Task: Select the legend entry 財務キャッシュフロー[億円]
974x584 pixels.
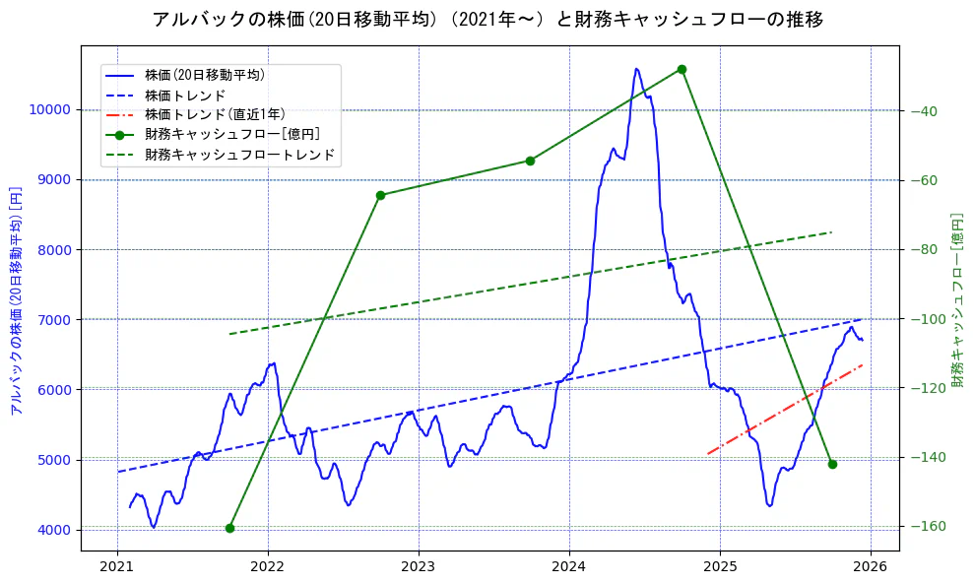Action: click(x=232, y=134)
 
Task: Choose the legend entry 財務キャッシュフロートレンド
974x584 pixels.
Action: click(x=239, y=155)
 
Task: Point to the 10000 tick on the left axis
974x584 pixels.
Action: click(x=49, y=109)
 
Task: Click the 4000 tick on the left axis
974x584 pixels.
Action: click(x=53, y=530)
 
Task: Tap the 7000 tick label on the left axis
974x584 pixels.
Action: click(x=53, y=320)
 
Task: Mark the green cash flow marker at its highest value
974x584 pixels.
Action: click(x=682, y=69)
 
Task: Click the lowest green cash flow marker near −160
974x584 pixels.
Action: click(x=229, y=528)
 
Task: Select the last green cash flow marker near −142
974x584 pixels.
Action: click(x=832, y=464)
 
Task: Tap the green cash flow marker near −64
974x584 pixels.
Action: click(x=380, y=195)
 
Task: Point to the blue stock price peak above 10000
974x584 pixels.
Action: click(x=636, y=69)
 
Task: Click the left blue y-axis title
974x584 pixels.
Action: click(x=16, y=300)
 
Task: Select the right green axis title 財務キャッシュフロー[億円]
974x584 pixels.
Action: click(x=957, y=299)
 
